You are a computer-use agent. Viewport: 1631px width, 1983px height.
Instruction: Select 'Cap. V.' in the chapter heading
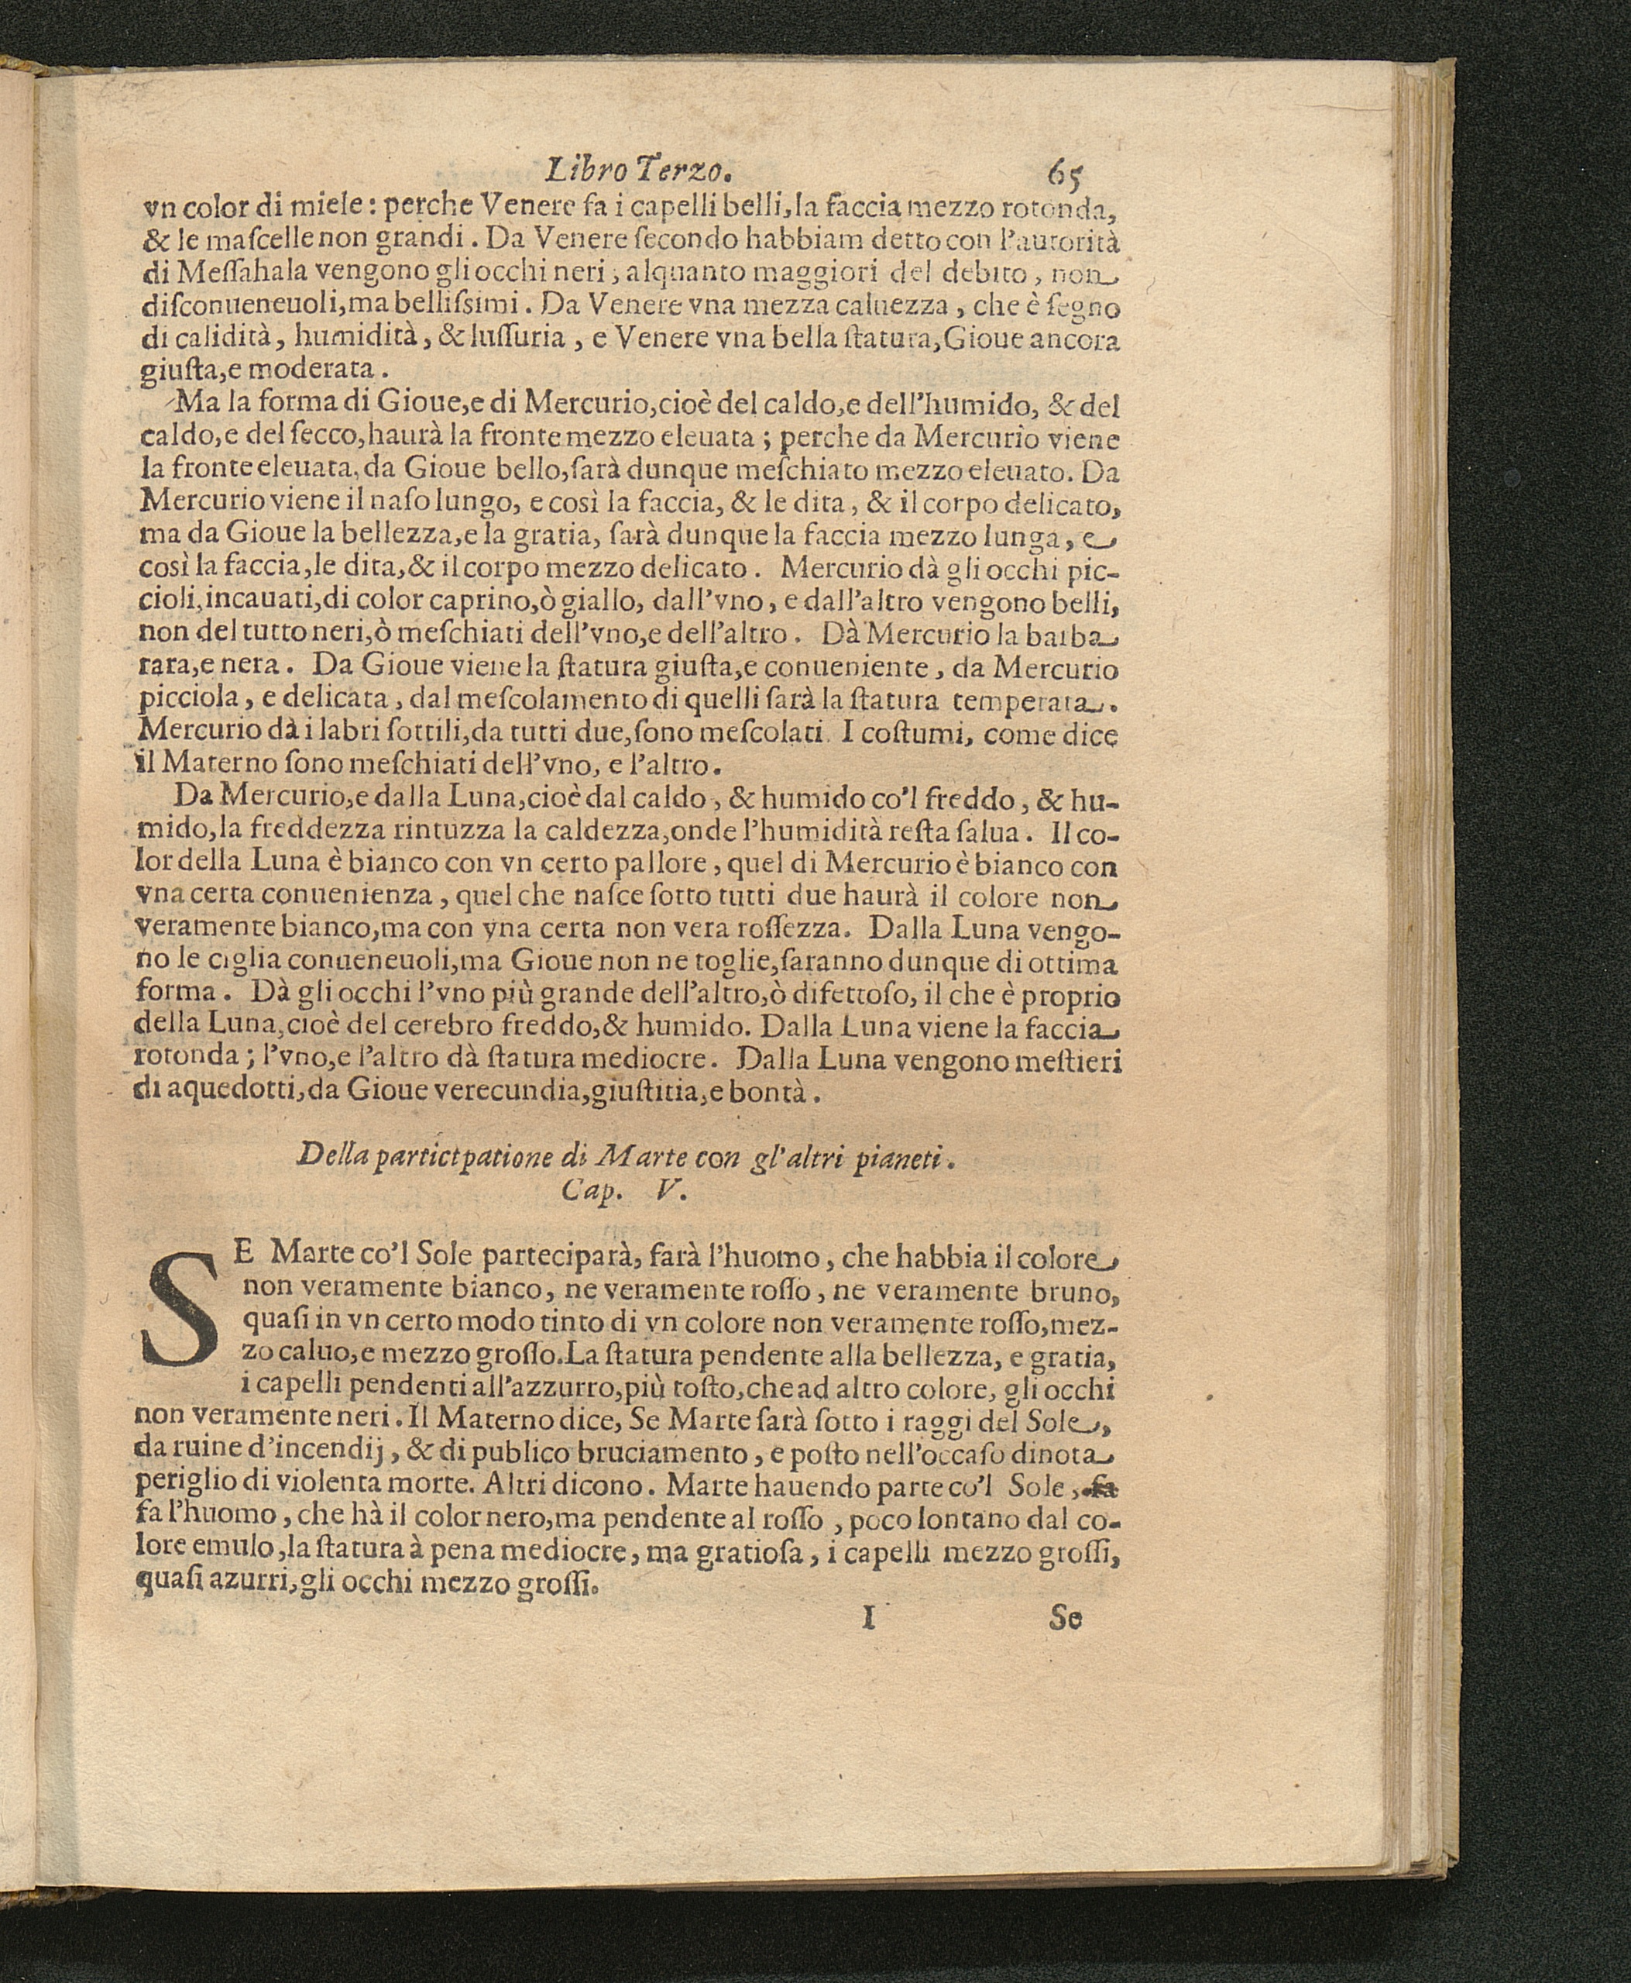[x=624, y=1191]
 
